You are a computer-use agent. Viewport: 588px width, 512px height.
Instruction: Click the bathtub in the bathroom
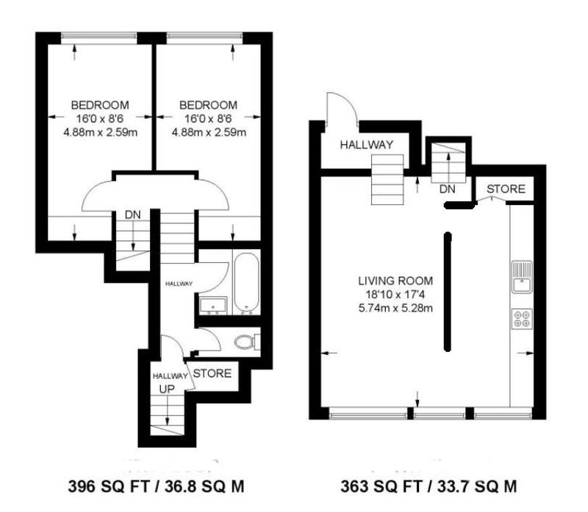(246, 283)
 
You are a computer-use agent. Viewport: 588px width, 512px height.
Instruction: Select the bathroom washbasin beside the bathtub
(213, 305)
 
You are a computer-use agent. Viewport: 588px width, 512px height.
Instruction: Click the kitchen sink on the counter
(522, 277)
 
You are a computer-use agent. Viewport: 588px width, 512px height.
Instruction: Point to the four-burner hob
(522, 319)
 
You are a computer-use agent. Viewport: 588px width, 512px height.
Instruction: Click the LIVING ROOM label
(395, 281)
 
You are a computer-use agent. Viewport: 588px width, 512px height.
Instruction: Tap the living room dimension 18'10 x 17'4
(395, 295)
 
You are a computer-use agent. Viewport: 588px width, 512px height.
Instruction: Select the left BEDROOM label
(100, 105)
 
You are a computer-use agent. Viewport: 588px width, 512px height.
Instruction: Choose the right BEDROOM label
(209, 105)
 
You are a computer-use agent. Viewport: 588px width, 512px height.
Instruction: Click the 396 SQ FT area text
(108, 486)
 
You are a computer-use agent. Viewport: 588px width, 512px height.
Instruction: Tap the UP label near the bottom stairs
(167, 389)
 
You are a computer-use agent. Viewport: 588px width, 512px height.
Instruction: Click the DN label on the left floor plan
(133, 214)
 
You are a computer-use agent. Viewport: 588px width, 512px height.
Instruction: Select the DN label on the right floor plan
(447, 189)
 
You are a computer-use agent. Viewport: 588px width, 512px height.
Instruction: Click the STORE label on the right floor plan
(506, 189)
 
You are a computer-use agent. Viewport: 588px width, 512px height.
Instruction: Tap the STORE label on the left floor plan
(212, 373)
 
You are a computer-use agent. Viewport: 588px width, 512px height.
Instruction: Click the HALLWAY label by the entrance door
(367, 145)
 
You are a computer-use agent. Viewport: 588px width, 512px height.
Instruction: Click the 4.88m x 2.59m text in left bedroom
(100, 132)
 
